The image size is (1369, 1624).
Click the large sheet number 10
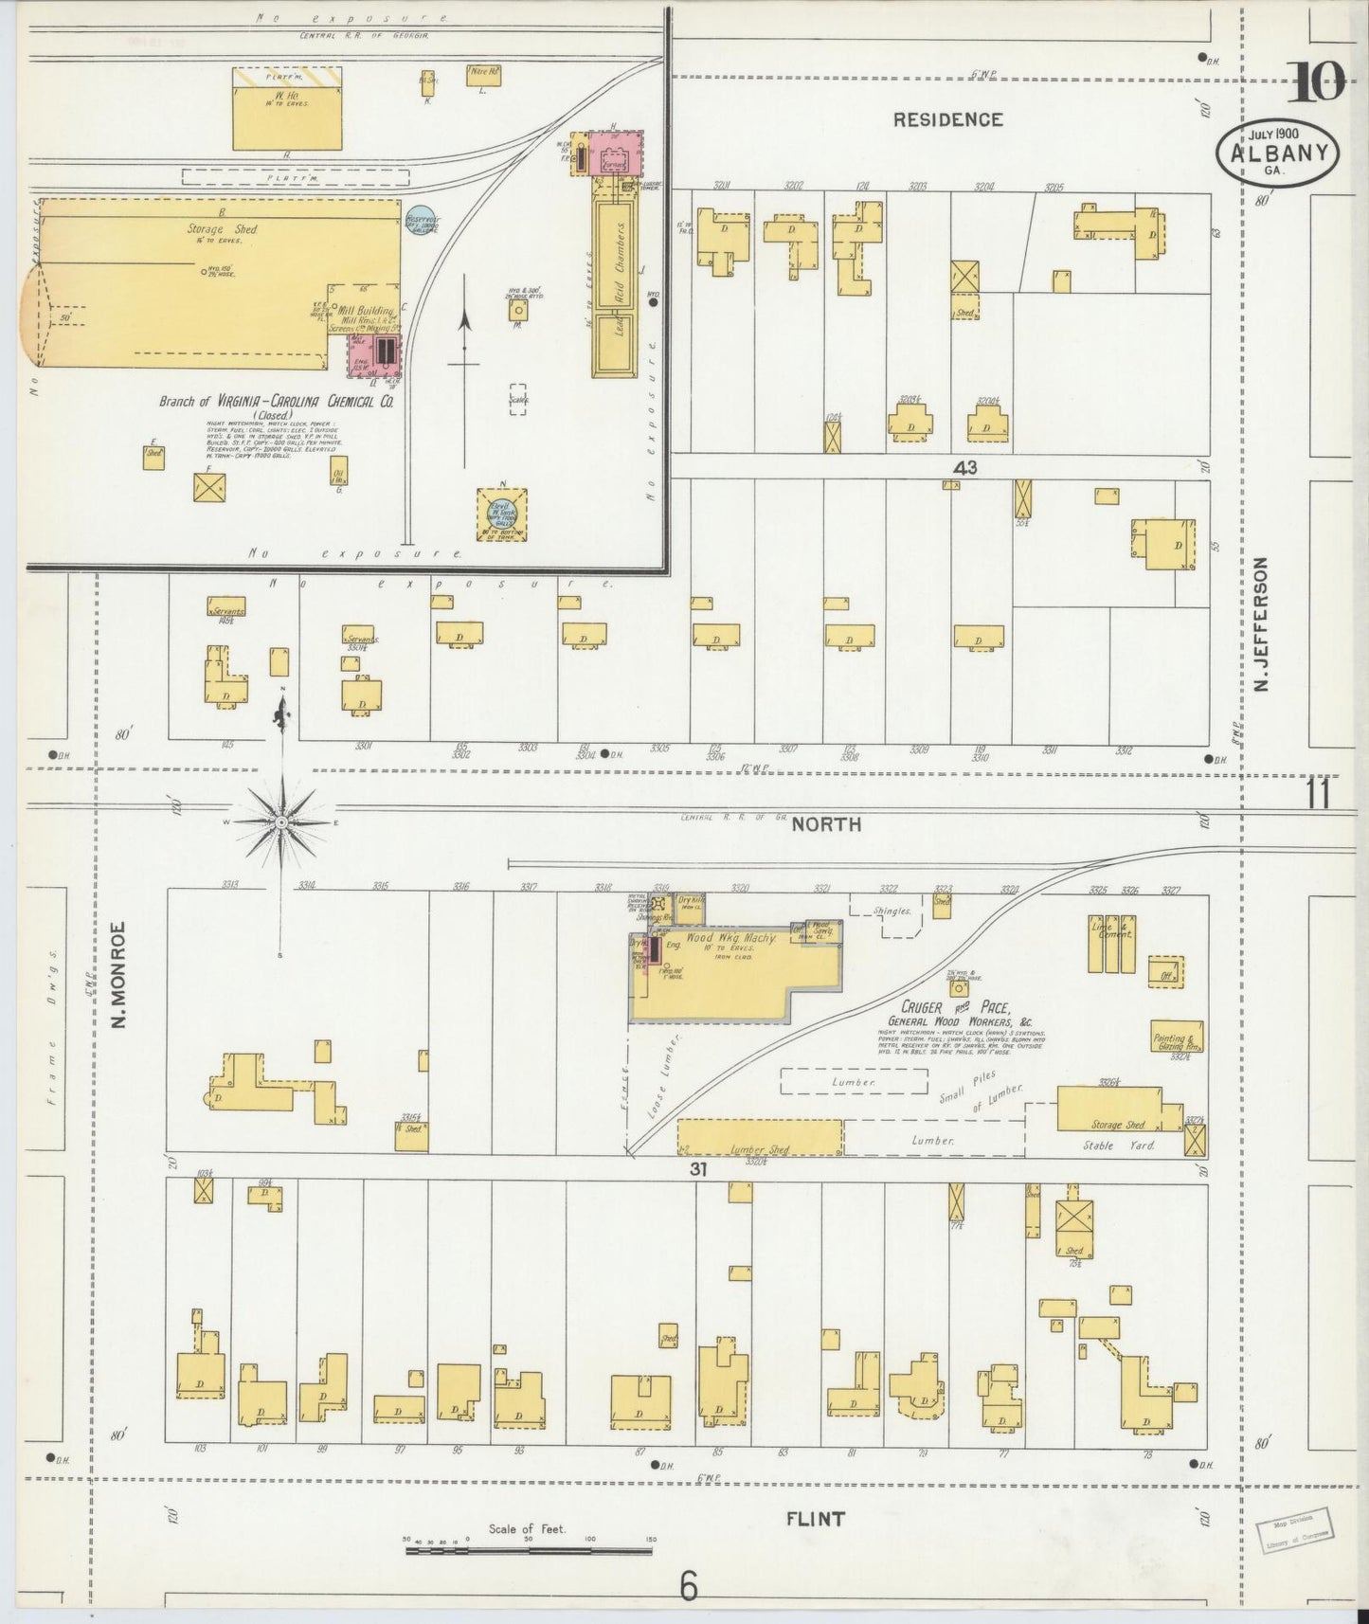(1316, 84)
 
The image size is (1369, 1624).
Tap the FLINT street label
(816, 1519)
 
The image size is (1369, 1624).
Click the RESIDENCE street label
(947, 119)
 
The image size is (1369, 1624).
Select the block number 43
(965, 467)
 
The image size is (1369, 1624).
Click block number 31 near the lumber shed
(698, 1169)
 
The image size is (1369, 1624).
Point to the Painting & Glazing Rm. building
(1177, 1037)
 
